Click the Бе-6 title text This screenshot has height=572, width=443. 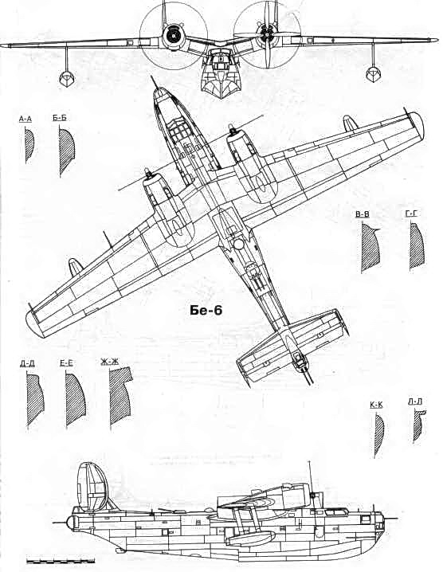[206, 310]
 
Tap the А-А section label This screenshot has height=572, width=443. [25, 119]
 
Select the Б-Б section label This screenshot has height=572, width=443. [60, 118]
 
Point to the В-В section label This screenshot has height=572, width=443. [363, 214]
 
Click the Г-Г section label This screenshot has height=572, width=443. [411, 214]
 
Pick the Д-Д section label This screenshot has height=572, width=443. [28, 363]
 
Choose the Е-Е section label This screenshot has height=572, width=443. [66, 362]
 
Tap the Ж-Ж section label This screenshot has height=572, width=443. [110, 362]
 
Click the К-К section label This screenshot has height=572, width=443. [376, 405]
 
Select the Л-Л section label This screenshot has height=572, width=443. [415, 402]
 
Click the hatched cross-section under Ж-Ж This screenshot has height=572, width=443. [121, 397]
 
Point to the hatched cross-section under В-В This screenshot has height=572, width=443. [370, 247]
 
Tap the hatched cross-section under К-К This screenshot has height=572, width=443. [378, 436]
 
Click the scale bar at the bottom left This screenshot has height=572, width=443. [61, 560]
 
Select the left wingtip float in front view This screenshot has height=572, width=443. [67, 78]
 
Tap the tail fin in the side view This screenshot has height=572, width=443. [92, 487]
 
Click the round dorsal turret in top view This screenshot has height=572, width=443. [238, 244]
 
